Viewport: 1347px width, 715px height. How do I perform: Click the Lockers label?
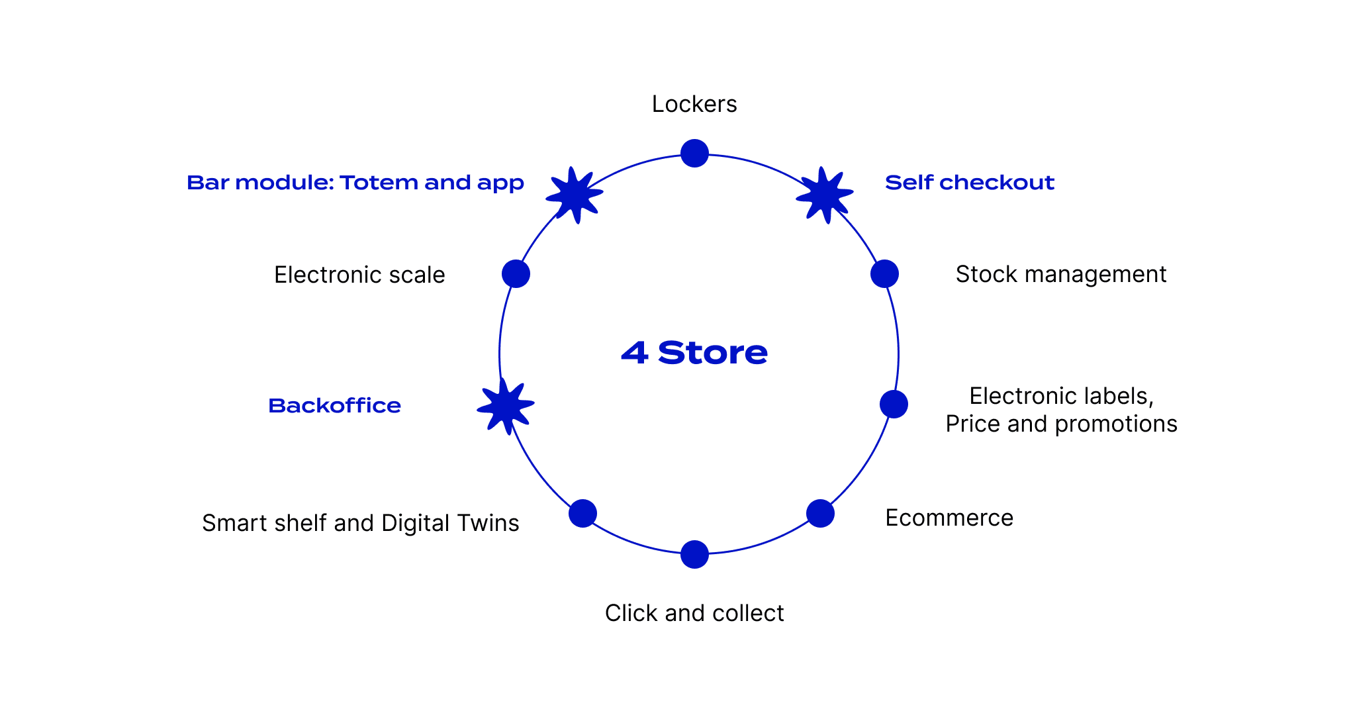point(694,104)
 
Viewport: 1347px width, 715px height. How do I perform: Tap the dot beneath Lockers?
point(694,154)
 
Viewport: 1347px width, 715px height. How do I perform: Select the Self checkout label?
point(969,182)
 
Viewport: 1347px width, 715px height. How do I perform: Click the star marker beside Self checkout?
point(824,195)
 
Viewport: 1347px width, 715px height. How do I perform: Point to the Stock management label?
point(1060,274)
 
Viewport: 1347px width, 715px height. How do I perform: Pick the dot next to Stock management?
point(884,273)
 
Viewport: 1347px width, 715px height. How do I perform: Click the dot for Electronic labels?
point(894,404)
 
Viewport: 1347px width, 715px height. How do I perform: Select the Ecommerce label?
point(949,518)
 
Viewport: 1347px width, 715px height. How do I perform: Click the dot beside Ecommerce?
point(820,514)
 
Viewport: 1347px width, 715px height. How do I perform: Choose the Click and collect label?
point(694,613)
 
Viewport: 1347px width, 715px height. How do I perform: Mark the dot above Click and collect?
point(694,554)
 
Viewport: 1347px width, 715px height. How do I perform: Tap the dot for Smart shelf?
point(582,513)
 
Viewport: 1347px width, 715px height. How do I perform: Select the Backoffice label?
point(334,405)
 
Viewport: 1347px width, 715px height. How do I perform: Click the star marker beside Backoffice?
point(506,406)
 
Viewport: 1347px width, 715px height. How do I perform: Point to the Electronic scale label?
point(359,275)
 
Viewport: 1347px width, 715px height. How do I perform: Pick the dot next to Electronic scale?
point(516,273)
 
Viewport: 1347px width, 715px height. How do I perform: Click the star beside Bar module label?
point(575,195)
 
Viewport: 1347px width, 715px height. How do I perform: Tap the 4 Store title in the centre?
point(694,353)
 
